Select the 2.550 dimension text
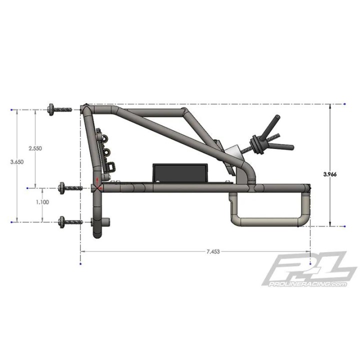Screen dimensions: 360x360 point(35,148)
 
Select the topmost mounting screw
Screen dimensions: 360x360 point(58,109)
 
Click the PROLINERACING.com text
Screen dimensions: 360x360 point(307,284)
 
